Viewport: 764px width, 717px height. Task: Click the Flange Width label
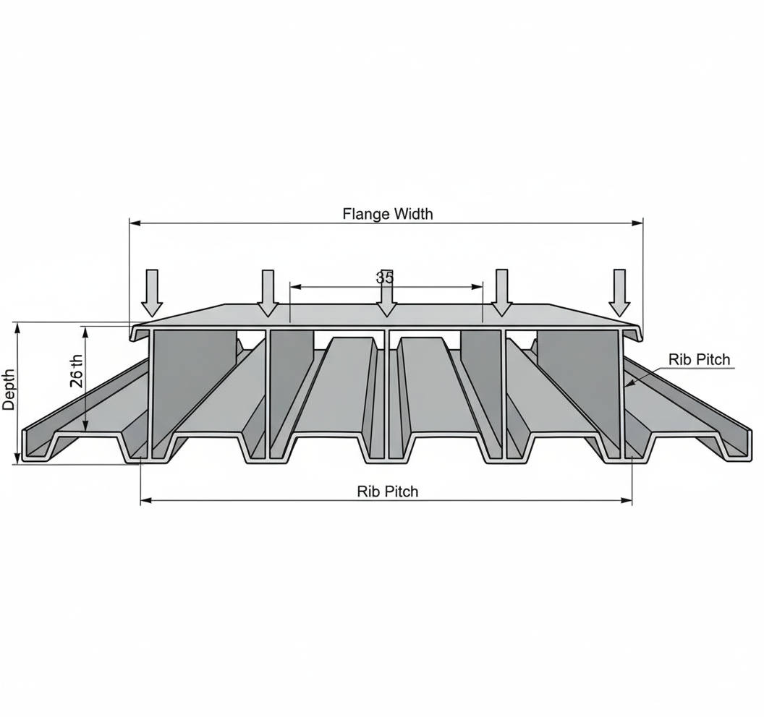pos(388,213)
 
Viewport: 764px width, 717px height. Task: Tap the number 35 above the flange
pos(385,277)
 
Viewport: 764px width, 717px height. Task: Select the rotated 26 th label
pos(77,371)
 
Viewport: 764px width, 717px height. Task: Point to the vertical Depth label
pos(9,390)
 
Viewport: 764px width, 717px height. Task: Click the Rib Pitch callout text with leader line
pos(699,359)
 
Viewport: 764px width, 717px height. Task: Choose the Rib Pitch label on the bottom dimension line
pos(388,491)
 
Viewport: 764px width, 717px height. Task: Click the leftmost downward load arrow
pos(152,292)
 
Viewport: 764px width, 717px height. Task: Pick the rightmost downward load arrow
pos(619,292)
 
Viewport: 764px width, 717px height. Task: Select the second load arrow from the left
pos(268,293)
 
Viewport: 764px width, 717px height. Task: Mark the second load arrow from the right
pos(501,292)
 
